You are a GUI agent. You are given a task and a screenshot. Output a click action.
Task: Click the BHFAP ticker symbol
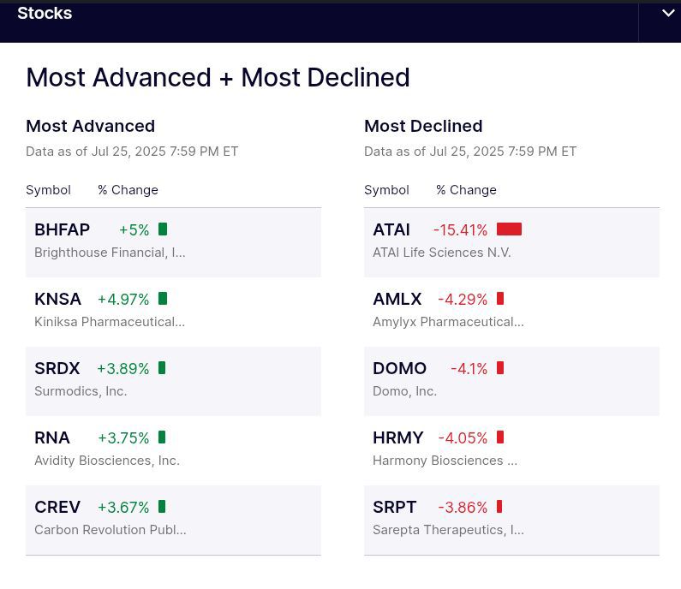pyautogui.click(x=62, y=229)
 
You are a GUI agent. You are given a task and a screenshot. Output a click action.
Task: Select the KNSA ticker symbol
pyautogui.click(x=57, y=299)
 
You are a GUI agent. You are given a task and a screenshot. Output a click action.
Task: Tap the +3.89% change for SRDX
pyautogui.click(x=122, y=368)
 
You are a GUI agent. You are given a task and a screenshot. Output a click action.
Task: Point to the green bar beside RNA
pyautogui.click(x=162, y=437)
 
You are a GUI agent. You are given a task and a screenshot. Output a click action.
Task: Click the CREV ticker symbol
pyautogui.click(x=57, y=507)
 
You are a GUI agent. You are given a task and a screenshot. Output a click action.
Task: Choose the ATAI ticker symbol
pyautogui.click(x=391, y=229)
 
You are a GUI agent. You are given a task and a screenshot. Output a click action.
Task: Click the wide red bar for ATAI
pyautogui.click(x=509, y=229)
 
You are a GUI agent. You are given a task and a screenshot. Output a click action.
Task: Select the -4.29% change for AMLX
pyautogui.click(x=463, y=299)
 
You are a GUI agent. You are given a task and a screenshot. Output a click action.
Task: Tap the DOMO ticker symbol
pyautogui.click(x=399, y=368)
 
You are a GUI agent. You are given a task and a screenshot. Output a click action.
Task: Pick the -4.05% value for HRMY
pyautogui.click(x=463, y=437)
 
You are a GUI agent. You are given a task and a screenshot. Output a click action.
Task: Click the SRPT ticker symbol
pyautogui.click(x=394, y=507)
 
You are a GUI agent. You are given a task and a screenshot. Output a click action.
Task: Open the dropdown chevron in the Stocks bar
pyautogui.click(x=668, y=13)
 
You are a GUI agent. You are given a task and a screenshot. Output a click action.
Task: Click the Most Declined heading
pyautogui.click(x=423, y=126)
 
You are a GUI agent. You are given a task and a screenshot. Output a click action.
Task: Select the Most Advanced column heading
pyautogui.click(x=90, y=126)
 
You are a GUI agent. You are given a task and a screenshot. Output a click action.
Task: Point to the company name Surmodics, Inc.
pyautogui.click(x=81, y=391)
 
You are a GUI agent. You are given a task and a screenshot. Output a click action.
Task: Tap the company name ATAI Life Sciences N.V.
pyautogui.click(x=441, y=253)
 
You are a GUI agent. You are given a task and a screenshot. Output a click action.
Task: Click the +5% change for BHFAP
pyautogui.click(x=134, y=229)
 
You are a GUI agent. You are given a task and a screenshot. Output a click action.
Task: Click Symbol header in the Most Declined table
pyautogui.click(x=386, y=190)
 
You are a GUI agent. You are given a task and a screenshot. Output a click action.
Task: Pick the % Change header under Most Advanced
pyautogui.click(x=128, y=190)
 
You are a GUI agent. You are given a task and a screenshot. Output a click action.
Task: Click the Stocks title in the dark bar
pyautogui.click(x=45, y=13)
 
